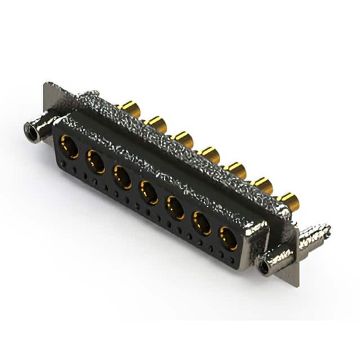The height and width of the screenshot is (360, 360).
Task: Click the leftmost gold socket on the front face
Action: [70, 147]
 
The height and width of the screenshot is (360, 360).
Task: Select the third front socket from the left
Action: [123, 176]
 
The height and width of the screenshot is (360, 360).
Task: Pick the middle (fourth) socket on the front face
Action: [149, 192]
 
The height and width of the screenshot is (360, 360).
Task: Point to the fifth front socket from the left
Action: [175, 208]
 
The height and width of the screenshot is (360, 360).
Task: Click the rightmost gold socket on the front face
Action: [228, 238]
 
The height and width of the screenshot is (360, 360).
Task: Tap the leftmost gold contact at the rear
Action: [129, 107]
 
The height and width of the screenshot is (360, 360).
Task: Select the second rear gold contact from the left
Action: [155, 123]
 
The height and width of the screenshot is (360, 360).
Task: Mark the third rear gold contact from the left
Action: [183, 138]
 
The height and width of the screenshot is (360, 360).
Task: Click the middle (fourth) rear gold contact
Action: [210, 153]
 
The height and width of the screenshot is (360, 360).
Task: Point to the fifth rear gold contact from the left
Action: [236, 169]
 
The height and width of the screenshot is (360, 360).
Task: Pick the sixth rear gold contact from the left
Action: [262, 184]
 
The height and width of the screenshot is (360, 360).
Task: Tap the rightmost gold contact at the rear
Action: [289, 200]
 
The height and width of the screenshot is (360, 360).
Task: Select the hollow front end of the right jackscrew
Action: [264, 266]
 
